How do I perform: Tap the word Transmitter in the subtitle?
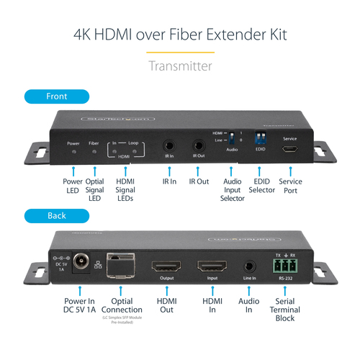[x=180, y=66]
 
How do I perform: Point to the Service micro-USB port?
[x=290, y=150]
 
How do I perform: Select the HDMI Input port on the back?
[x=212, y=266]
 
